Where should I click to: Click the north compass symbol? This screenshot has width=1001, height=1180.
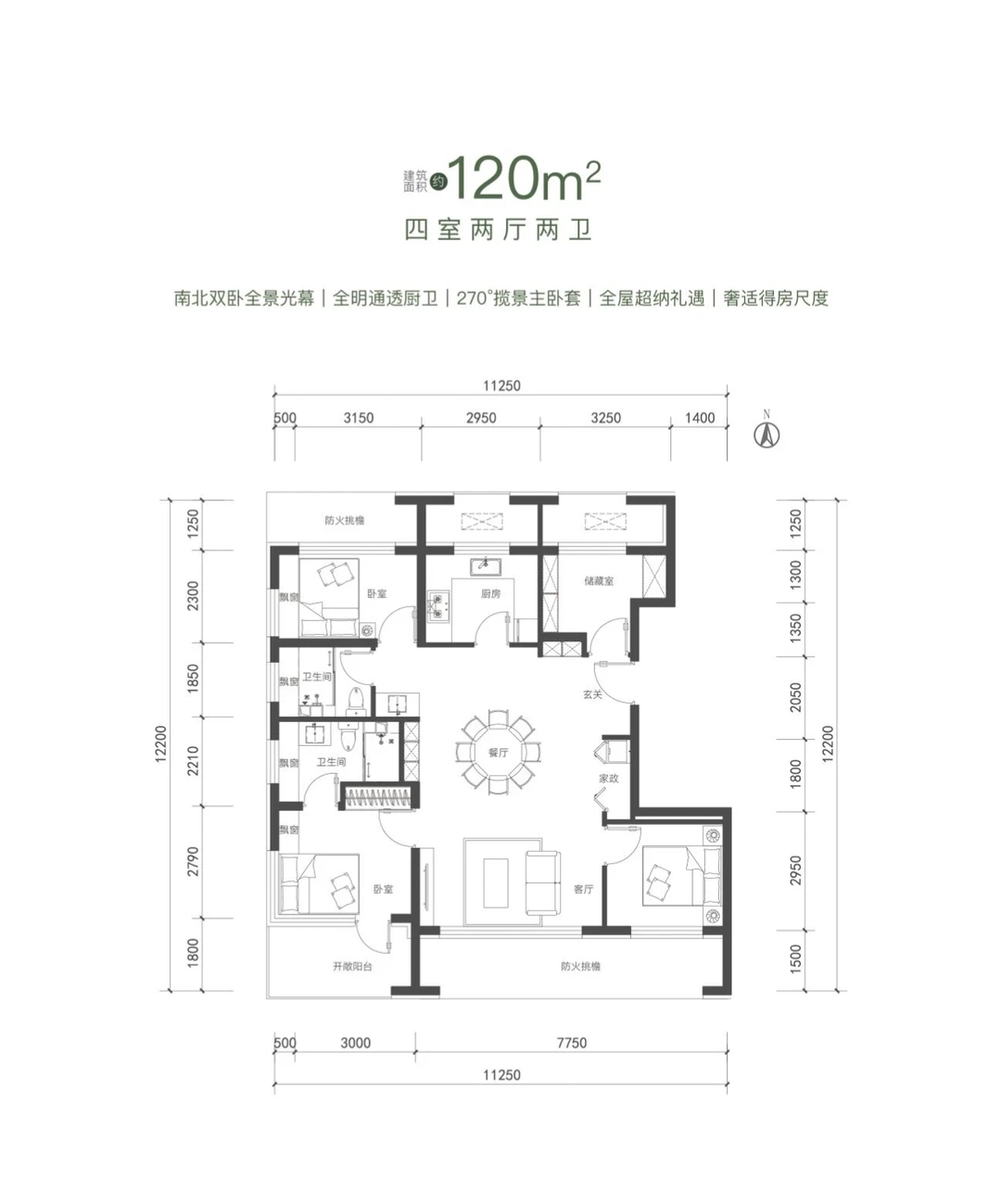[767, 435]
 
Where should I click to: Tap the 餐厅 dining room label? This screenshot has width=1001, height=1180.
[498, 753]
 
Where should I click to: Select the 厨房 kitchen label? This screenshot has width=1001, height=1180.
[490, 594]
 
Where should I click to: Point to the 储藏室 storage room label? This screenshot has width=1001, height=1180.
[599, 580]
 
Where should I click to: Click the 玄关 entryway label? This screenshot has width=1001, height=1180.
[592, 694]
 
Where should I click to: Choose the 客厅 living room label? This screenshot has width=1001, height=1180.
[583, 889]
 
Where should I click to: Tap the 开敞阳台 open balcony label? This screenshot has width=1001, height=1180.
[352, 966]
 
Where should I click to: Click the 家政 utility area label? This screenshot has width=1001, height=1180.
[608, 778]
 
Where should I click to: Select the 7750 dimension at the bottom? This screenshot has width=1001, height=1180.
[571, 1043]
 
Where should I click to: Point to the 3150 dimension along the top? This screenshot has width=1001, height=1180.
[359, 418]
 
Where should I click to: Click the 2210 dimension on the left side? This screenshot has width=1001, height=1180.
[194, 761]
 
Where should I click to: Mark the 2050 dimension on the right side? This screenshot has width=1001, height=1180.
[795, 698]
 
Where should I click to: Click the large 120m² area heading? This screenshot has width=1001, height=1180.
[525, 179]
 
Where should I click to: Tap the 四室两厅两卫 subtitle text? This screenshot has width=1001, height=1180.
[498, 230]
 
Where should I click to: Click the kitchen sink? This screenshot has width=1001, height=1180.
[486, 566]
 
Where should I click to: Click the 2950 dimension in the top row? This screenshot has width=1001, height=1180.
[480, 418]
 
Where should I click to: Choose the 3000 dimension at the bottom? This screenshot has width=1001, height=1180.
[355, 1043]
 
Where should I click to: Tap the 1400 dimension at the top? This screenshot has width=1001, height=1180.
[699, 418]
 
